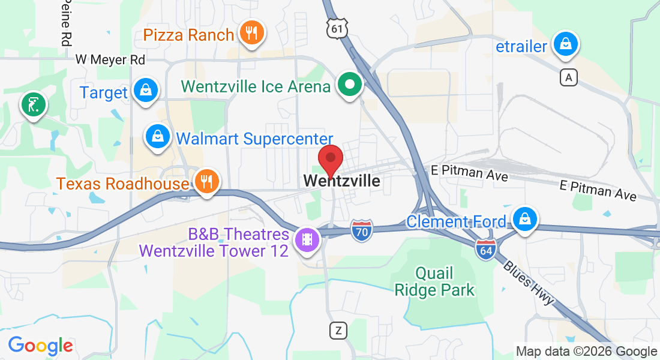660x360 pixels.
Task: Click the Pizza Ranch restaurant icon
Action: [x=249, y=32]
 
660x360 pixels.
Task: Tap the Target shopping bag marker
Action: [x=145, y=90]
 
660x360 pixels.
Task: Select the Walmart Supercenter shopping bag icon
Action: [x=157, y=136]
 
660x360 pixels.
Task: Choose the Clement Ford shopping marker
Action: [x=525, y=219]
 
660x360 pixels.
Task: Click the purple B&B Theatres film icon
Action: [x=308, y=239]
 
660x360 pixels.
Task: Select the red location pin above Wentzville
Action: [x=330, y=158]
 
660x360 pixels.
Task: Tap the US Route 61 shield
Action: [x=337, y=28]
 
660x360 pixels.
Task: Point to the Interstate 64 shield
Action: [x=484, y=248]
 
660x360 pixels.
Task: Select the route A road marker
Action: [x=569, y=77]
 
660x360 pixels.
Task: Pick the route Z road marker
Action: [x=339, y=330]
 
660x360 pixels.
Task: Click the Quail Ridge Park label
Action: [x=434, y=282]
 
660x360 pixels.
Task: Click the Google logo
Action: [x=40, y=346]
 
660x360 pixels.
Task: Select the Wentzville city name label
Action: [x=341, y=181]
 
